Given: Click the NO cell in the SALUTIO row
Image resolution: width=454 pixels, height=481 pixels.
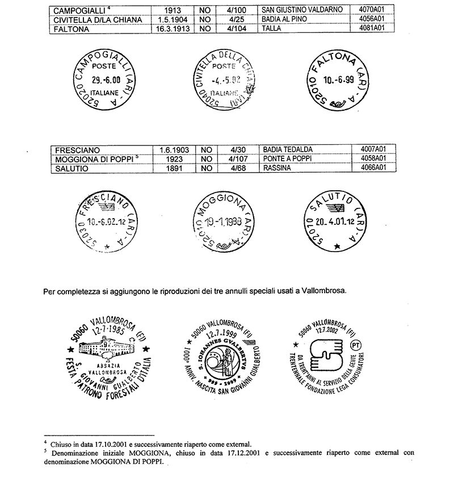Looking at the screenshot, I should pos(207,168).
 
